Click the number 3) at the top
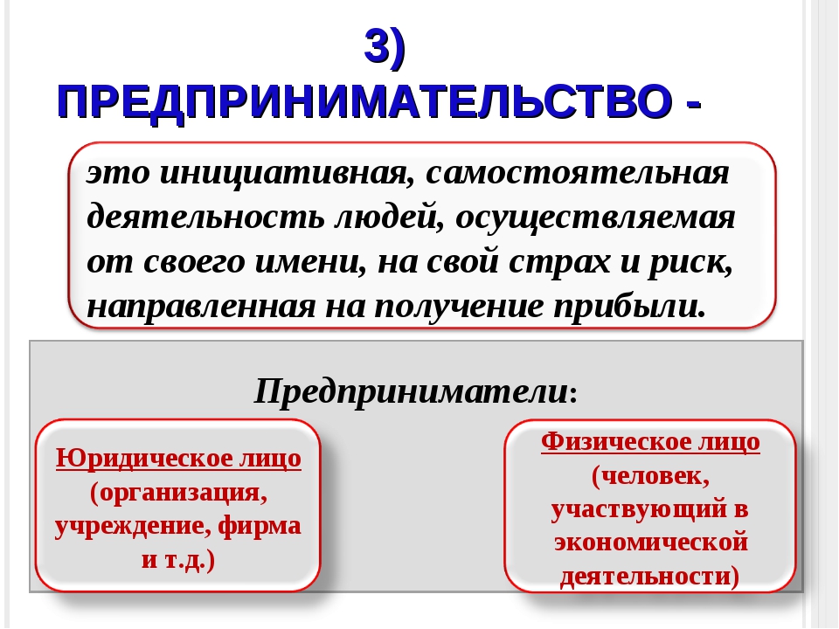point(385,47)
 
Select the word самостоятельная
point(578,173)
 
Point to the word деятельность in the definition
point(205,218)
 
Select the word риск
point(690,262)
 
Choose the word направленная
point(201,307)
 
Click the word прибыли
point(629,307)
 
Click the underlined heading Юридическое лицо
point(178,459)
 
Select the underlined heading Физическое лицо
point(650,442)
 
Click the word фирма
point(260,526)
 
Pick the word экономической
point(650,543)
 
